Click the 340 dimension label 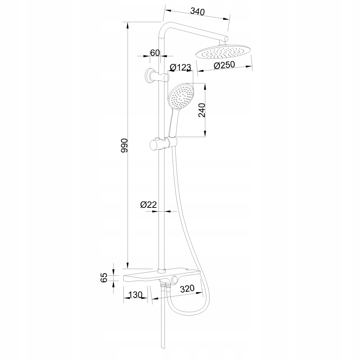point(197,11)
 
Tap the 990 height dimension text point(123,145)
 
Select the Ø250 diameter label point(224,65)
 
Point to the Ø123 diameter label point(180,67)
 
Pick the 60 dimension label point(155,53)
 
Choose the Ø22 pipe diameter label point(148,205)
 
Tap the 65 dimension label point(104,277)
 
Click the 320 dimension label point(187,289)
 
